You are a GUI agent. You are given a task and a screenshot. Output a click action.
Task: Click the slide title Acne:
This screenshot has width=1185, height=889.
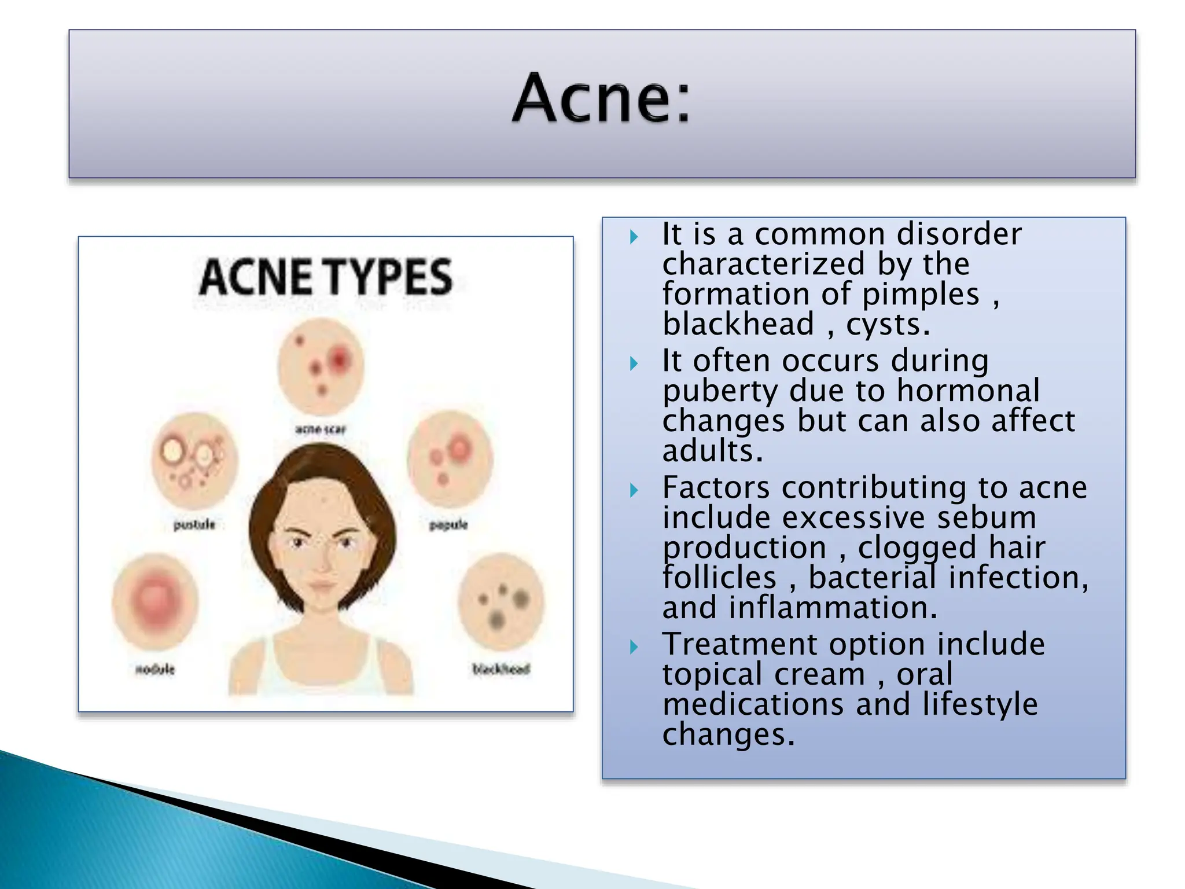[602, 98]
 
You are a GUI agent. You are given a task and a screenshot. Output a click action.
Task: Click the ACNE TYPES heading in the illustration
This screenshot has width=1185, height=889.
[325, 277]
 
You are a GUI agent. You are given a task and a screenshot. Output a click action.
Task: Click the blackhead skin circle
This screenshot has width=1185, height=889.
[501, 602]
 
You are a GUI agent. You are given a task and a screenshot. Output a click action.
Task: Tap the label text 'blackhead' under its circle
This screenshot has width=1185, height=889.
[501, 669]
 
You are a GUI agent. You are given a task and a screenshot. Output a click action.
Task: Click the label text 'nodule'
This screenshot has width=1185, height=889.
[155, 669]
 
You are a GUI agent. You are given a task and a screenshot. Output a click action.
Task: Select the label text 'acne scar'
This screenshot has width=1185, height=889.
[321, 429]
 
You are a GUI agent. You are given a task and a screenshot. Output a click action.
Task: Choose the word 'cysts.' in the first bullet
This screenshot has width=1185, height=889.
[888, 324]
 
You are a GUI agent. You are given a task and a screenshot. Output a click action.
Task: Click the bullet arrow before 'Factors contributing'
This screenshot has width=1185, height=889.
[634, 491]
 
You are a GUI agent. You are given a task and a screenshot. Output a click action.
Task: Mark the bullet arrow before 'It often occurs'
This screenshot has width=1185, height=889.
[634, 363]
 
